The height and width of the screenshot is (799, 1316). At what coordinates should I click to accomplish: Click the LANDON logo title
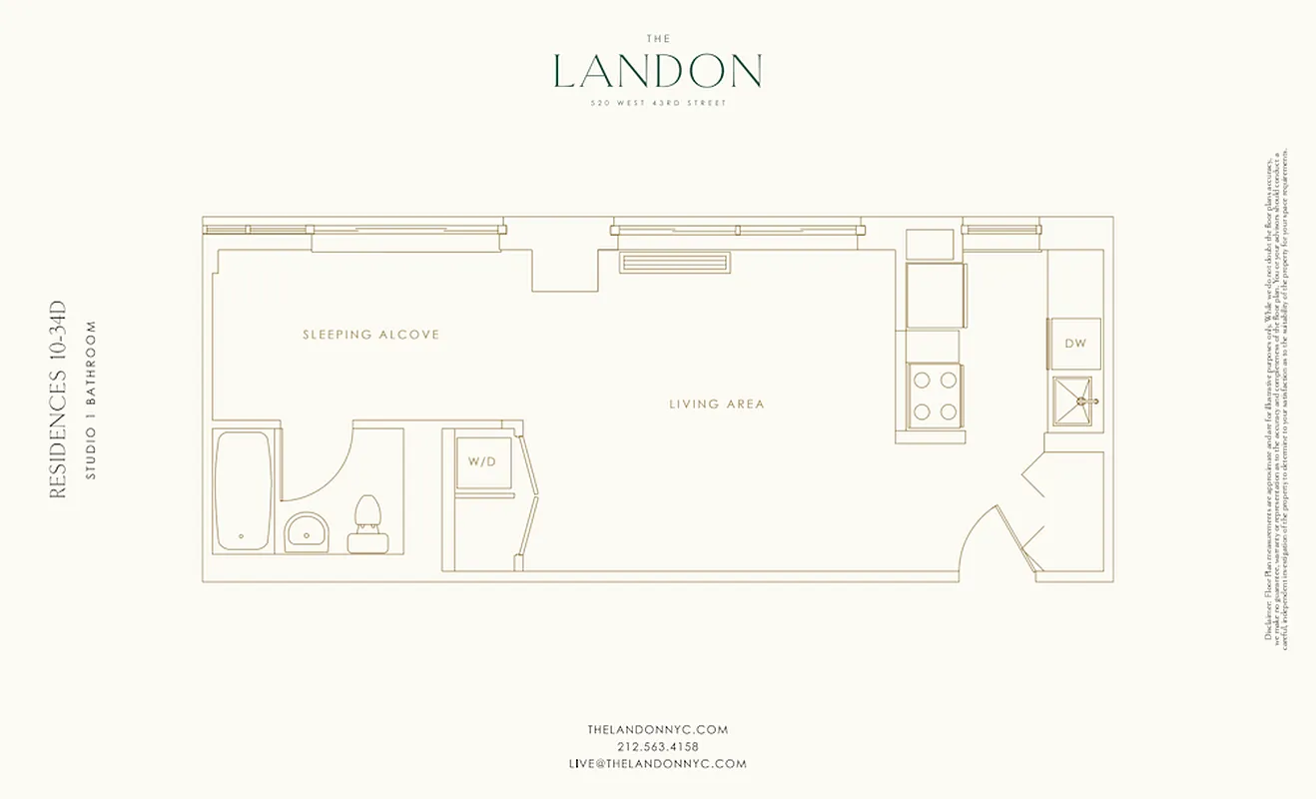tap(657, 71)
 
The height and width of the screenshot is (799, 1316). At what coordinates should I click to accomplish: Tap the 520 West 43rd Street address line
tap(657, 103)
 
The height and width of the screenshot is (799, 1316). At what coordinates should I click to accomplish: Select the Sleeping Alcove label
tap(370, 335)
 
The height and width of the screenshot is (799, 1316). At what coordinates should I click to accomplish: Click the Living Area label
tap(716, 404)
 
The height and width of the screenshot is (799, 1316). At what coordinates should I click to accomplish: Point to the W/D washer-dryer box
tap(483, 461)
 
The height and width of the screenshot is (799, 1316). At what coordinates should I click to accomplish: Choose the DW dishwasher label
tap(1074, 344)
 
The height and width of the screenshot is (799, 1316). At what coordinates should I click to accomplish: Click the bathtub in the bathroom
tap(243, 490)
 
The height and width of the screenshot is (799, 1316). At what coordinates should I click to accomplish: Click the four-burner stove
tap(935, 396)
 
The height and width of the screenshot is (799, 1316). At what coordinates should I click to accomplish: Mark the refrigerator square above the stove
tap(935, 295)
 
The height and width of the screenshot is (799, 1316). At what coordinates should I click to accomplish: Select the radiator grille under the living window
tap(674, 263)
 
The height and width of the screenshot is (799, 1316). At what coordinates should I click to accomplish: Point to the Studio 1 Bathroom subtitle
tap(90, 399)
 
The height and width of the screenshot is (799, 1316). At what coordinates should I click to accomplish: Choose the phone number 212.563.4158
tap(657, 746)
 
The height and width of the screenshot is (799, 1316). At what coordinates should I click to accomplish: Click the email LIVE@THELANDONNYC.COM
tap(657, 763)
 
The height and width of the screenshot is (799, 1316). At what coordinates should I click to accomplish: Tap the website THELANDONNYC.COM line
tap(657, 729)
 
